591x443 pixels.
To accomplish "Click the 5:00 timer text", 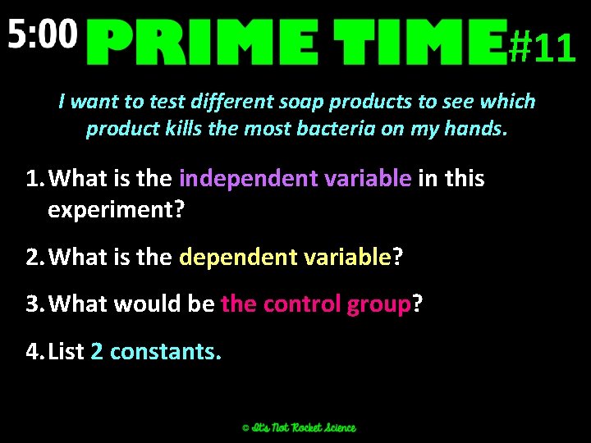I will [x=44, y=34].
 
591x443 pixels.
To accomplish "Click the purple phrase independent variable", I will [x=295, y=178].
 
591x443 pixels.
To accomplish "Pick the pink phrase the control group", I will [x=315, y=304].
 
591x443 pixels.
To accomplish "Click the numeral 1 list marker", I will [x=32, y=178].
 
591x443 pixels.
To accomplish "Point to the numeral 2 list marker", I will [x=32, y=257].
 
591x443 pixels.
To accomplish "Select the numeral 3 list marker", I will [x=32, y=304].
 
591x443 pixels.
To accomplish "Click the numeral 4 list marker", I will [x=32, y=351].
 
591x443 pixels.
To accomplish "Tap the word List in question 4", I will [x=66, y=351].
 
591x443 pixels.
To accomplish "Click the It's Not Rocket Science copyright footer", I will [x=299, y=427].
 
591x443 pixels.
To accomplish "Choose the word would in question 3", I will [x=144, y=304].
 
